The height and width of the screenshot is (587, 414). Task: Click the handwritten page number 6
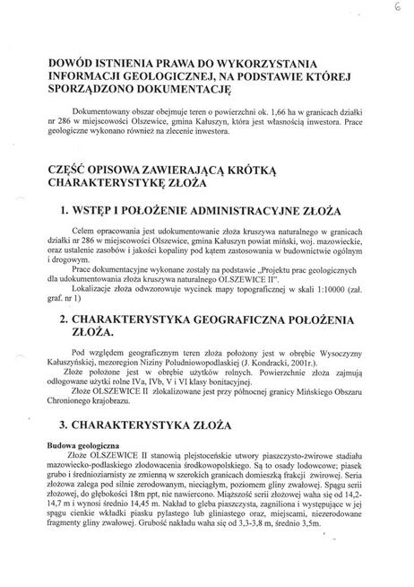coord(396,7)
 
